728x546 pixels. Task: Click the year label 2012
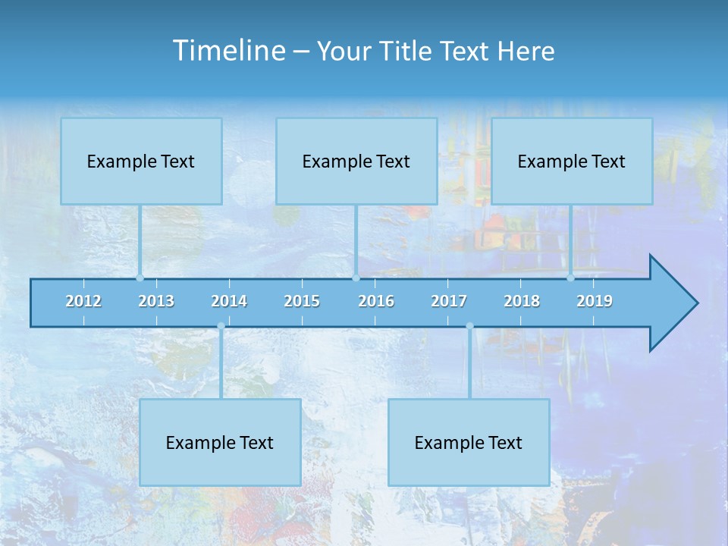[83, 301]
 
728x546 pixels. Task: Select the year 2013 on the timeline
[156, 301]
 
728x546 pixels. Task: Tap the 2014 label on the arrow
[229, 301]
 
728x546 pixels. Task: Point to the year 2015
[302, 301]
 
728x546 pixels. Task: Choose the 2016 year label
[376, 301]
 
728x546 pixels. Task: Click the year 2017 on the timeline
[449, 301]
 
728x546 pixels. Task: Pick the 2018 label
[522, 301]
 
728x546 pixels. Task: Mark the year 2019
[595, 301]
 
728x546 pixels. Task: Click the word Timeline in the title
[228, 51]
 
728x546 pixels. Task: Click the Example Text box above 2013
[141, 162]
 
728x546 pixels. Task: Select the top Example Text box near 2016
[356, 162]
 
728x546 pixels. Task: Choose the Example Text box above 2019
[572, 162]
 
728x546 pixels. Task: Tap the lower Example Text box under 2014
[220, 443]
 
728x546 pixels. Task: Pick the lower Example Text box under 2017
[469, 443]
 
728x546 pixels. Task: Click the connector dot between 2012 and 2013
[140, 278]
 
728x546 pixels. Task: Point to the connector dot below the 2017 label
[469, 326]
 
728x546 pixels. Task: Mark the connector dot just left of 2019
[571, 278]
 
